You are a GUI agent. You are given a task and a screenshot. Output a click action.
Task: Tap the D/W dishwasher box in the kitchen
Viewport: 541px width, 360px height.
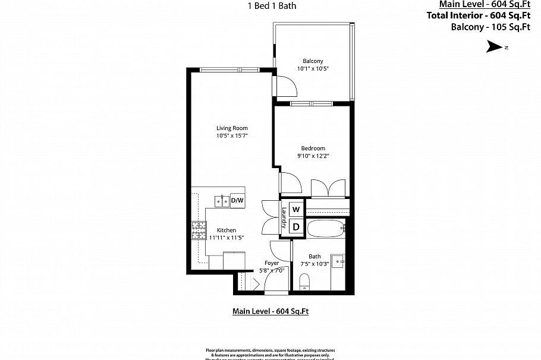tap(237, 201)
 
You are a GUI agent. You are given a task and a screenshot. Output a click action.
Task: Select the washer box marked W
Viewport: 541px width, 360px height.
tap(295, 210)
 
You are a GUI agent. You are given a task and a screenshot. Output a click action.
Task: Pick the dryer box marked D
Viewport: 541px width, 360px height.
tap(295, 226)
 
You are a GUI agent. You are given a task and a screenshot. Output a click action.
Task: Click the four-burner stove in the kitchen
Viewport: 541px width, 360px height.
tap(197, 230)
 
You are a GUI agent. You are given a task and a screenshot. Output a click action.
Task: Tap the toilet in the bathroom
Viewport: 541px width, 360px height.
tap(305, 281)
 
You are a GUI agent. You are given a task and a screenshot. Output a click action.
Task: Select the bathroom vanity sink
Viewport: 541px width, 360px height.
tap(338, 261)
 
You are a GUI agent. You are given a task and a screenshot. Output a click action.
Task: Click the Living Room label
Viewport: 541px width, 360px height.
tap(231, 128)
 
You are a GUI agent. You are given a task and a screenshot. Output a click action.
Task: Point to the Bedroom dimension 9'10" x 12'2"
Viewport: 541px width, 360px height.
tap(313, 156)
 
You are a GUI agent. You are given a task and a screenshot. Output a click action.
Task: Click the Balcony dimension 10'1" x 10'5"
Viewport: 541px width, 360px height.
tap(313, 69)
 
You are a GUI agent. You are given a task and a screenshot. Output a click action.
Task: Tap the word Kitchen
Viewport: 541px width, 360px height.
tap(226, 230)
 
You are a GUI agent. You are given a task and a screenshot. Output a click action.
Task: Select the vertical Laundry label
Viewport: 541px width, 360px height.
tap(284, 218)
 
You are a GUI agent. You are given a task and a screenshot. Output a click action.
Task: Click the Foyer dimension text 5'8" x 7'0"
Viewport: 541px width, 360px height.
tap(272, 270)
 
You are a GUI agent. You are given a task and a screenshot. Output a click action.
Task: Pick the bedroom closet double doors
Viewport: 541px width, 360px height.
tap(328, 188)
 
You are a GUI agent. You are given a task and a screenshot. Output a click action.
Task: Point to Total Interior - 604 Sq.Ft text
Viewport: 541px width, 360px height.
tap(478, 15)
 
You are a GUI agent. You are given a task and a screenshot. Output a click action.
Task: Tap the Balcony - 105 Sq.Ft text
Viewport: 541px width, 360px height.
tap(490, 27)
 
